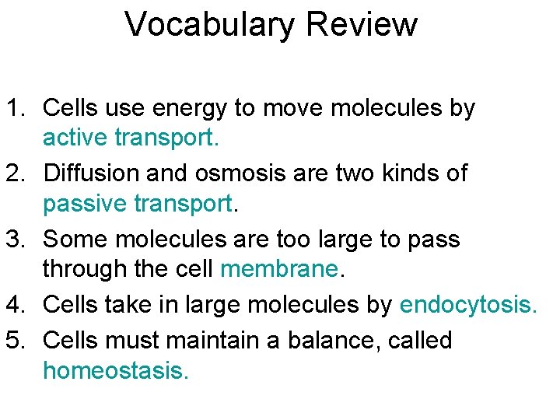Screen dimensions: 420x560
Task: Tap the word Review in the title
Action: tap(362, 25)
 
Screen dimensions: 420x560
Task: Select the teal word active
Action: tap(75, 138)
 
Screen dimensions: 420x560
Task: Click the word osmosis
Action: tap(251, 173)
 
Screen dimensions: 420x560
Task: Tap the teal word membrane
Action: tap(279, 269)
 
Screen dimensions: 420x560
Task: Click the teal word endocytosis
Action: tap(467, 306)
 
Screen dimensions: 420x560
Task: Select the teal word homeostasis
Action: tap(115, 371)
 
